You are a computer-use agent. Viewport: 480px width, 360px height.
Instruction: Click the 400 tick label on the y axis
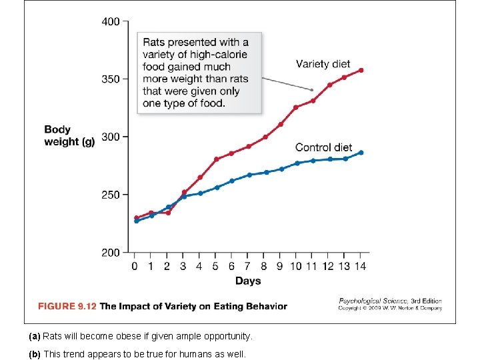tap(111, 21)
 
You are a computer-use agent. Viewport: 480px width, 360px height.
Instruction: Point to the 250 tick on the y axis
tap(111, 195)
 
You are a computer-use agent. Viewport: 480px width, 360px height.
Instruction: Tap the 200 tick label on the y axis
tap(111, 253)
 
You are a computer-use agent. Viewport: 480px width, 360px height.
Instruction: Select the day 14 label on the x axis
tap(361, 267)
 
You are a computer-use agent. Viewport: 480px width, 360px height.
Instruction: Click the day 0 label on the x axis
tap(135, 267)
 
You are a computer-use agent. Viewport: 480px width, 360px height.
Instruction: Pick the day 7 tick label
tap(248, 267)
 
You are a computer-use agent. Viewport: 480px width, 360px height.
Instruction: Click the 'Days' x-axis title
tap(248, 281)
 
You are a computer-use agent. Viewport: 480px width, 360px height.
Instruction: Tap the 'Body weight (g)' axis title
tap(69, 135)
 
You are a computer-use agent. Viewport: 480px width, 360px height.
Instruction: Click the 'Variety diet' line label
tap(323, 64)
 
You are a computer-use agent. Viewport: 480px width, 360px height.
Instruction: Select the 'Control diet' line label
tap(323, 147)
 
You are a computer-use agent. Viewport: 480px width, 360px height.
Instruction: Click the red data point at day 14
tap(361, 70)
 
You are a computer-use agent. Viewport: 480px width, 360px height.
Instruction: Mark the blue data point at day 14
tap(361, 153)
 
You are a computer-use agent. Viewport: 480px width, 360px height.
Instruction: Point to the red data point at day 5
tap(216, 159)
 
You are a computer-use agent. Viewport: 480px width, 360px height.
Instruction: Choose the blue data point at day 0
tap(136, 221)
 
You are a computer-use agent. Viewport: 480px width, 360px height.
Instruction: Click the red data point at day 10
tap(296, 107)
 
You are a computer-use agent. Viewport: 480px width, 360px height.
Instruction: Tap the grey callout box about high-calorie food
tap(199, 73)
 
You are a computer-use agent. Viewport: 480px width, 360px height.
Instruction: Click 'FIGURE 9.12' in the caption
tap(67, 307)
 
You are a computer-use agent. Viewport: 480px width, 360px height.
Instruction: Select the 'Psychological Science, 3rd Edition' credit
tap(390, 301)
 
